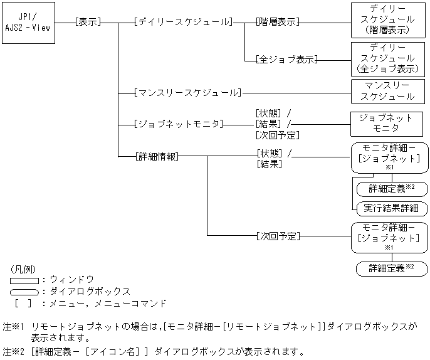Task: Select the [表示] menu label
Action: (x=87, y=21)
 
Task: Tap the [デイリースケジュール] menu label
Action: (x=182, y=21)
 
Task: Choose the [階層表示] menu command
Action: (x=277, y=21)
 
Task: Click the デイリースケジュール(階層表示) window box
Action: (x=387, y=20)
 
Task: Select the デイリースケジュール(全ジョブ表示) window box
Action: (x=387, y=58)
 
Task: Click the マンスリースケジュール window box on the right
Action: (x=387, y=91)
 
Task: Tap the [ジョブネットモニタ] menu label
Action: (x=178, y=124)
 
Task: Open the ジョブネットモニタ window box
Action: (x=387, y=124)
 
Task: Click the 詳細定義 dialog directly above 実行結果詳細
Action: (x=391, y=189)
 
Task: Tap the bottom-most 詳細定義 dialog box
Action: (x=391, y=268)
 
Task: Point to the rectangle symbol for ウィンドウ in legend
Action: (x=24, y=280)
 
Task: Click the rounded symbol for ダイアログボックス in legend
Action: (x=24, y=292)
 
